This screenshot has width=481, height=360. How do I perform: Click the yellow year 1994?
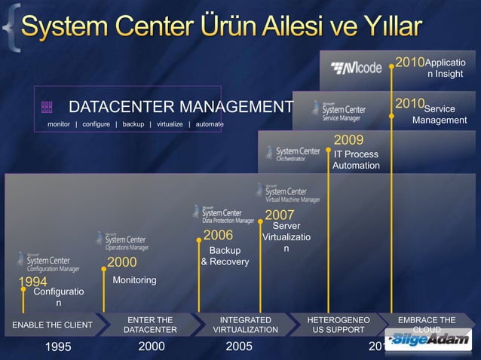tap(33, 282)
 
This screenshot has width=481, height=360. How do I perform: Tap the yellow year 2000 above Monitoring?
tap(121, 262)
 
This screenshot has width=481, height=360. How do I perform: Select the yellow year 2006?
tap(218, 236)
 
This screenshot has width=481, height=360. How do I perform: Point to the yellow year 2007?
tap(279, 215)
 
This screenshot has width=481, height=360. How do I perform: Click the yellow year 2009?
tap(348, 139)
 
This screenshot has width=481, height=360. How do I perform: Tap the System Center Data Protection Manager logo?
tap(223, 214)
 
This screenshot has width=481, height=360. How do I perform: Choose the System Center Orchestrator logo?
tap(293, 154)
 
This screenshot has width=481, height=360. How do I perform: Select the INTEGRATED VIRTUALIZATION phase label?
tap(246, 325)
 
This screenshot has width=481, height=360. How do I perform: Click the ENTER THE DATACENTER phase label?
tap(150, 325)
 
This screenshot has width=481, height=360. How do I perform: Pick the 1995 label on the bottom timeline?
tap(59, 347)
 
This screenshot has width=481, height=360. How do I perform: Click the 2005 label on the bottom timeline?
tap(240, 347)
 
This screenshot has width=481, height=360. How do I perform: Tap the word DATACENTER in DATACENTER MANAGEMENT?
tap(127, 105)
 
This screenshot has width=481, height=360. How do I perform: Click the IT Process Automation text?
tap(356, 160)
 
